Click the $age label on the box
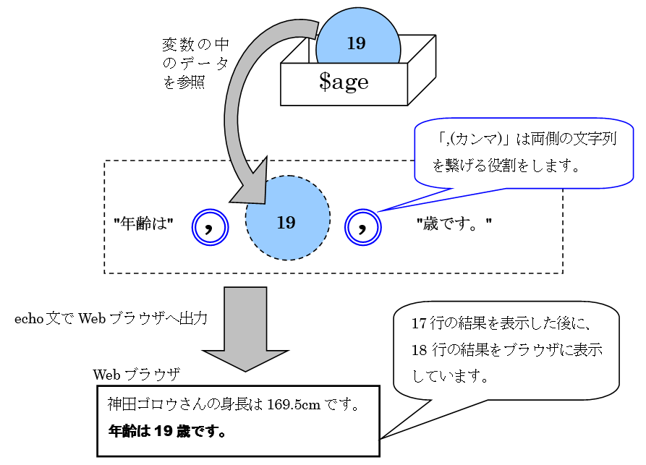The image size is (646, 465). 344,82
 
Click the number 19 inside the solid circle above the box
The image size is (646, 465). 356,43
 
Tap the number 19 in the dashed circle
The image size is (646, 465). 286,222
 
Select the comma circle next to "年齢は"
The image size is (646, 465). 210,227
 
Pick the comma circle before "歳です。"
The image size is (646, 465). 363,227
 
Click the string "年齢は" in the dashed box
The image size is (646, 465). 143,223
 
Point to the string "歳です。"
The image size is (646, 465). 454,223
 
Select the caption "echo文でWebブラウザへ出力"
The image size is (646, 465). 111,318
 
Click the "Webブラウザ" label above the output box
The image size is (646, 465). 136,375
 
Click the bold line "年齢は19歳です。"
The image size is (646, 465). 167,432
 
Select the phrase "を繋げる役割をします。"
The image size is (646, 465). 506,166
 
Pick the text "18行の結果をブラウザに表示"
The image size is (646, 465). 506,350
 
